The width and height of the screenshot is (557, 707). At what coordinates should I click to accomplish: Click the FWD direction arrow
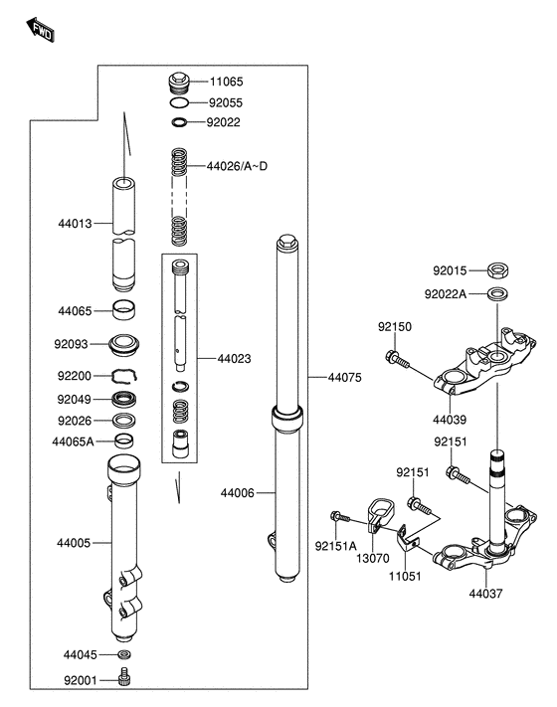tap(40, 30)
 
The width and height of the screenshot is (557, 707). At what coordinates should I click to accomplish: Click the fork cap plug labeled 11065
tap(179, 83)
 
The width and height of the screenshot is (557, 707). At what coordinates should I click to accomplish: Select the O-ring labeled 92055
tap(179, 102)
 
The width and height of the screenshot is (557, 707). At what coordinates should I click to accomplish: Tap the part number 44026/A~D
tap(237, 166)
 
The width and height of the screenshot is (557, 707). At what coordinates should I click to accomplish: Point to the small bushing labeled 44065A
tap(123, 441)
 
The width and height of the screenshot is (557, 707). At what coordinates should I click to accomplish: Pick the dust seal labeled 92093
tap(123, 345)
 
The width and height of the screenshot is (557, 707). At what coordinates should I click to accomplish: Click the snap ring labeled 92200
tap(124, 376)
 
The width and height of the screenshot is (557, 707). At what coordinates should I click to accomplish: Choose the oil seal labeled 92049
tap(123, 399)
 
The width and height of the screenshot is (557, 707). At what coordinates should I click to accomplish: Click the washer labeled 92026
tap(123, 421)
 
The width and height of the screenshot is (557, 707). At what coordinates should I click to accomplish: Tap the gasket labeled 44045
tap(123, 653)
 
